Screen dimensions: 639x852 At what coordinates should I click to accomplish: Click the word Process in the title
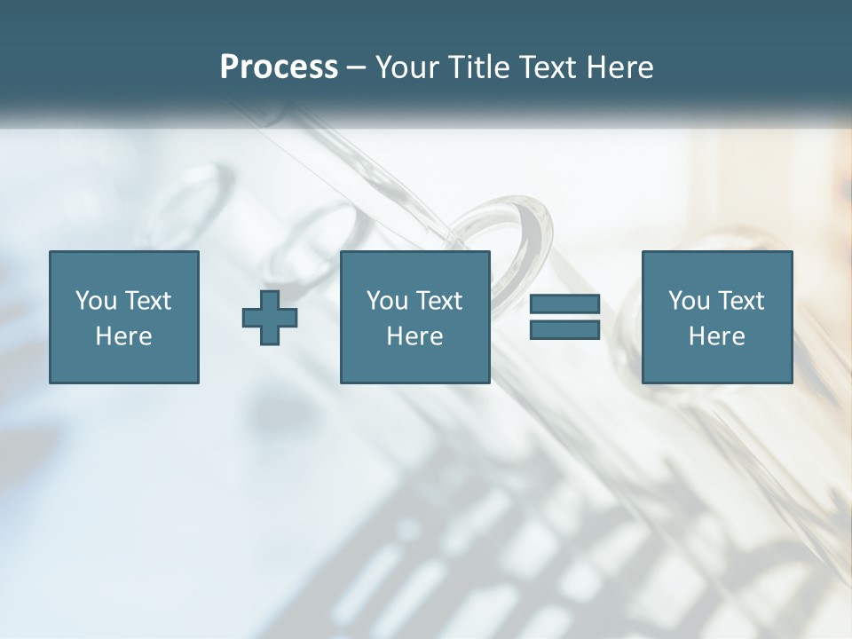click(x=279, y=67)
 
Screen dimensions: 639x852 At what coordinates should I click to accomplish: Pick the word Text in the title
click(x=542, y=67)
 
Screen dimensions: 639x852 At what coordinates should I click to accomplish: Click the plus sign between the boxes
click(x=270, y=317)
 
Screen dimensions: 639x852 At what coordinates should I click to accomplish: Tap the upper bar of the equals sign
click(x=564, y=304)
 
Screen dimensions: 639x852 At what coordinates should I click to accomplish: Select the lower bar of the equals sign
click(x=564, y=329)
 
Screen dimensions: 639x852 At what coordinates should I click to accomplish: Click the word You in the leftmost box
click(x=96, y=301)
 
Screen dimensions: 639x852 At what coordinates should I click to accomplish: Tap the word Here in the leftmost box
click(x=124, y=336)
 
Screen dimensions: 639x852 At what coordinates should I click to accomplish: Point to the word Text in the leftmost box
click(x=147, y=301)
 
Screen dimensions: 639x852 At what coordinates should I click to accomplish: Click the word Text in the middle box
click(x=438, y=301)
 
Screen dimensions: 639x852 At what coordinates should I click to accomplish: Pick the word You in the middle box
click(x=387, y=301)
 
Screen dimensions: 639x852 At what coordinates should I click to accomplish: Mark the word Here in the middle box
click(x=415, y=336)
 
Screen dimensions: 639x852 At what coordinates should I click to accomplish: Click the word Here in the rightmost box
click(x=716, y=336)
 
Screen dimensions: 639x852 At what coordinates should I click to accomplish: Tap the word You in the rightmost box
click(x=689, y=301)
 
